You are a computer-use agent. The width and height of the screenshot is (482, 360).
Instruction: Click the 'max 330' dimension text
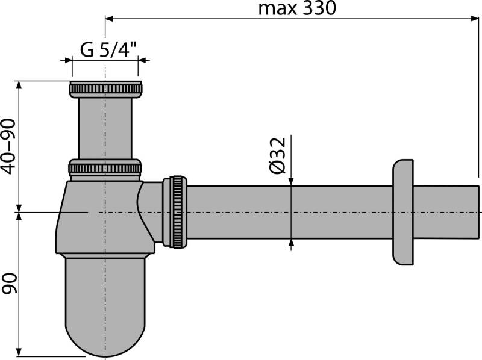[x=296, y=8]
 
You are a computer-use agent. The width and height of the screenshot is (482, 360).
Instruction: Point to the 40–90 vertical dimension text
[x=8, y=146]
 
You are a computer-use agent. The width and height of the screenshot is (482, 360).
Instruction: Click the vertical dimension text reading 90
[x=8, y=283]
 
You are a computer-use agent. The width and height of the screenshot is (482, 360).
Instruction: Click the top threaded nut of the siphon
[x=105, y=90]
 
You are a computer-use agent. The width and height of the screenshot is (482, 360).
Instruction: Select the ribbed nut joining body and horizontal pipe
[x=178, y=211]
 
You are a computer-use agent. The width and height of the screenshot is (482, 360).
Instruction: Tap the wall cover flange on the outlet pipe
[x=403, y=211]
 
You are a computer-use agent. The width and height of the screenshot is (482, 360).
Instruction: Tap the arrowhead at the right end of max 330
[x=475, y=19]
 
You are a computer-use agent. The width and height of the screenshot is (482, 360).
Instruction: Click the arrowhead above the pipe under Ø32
[x=292, y=181]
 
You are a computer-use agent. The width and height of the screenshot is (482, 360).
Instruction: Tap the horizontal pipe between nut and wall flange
[x=289, y=211]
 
